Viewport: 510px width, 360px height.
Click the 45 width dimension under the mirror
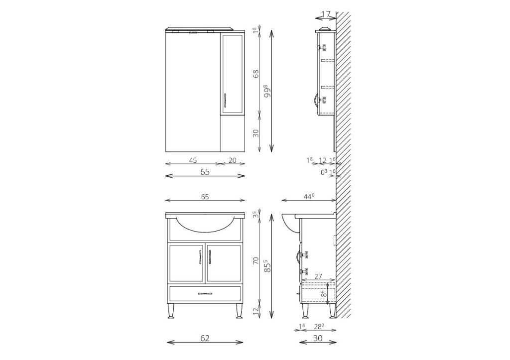[193, 160]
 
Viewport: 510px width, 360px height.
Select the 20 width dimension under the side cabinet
[233, 160]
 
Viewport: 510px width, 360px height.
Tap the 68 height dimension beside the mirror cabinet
[256, 74]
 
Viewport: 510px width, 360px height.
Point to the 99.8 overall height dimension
[267, 91]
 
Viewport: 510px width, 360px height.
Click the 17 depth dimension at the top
[326, 14]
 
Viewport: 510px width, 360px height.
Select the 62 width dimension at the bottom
[205, 338]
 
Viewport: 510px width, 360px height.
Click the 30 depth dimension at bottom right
[318, 338]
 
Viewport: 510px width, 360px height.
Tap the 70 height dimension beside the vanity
[256, 261]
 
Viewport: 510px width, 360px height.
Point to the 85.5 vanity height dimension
[267, 265]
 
